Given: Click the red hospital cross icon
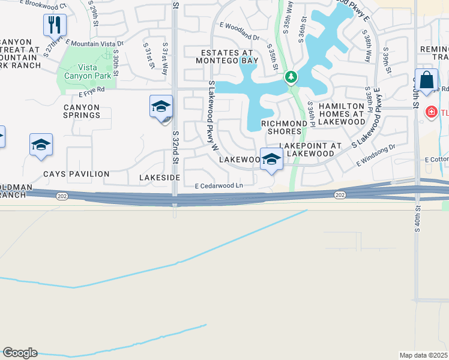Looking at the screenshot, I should [430, 112].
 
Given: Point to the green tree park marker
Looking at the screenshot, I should [291, 77].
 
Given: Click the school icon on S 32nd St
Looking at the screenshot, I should [161, 107].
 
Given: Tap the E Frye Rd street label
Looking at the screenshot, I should [91, 89].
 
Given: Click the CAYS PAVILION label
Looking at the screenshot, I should [76, 174].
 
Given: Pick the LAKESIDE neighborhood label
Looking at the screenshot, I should [160, 178].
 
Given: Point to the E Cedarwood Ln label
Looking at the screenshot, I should [218, 186].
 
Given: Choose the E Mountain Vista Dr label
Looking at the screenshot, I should [95, 44].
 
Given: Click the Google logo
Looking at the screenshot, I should [20, 353].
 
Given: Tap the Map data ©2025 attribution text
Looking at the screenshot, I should [423, 355].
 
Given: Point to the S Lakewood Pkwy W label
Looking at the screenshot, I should [211, 113].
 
